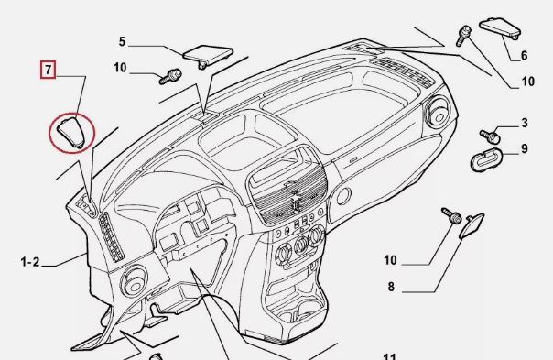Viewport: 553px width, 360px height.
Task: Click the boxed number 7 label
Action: (x=48, y=70)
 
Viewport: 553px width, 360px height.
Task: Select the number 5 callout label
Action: (x=122, y=41)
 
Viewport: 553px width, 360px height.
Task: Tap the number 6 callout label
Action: (x=524, y=55)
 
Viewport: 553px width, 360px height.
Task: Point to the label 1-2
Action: (x=30, y=262)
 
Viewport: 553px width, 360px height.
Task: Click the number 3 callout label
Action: (x=525, y=123)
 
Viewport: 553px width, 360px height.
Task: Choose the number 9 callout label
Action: (x=525, y=148)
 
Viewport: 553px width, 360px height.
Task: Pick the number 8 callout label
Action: (x=391, y=287)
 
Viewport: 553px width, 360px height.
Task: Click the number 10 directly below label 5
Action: (x=120, y=68)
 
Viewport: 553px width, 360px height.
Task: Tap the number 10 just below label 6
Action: (x=527, y=82)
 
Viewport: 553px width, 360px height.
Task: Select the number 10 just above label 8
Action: (x=390, y=260)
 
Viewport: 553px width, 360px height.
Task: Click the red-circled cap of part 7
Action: (x=72, y=132)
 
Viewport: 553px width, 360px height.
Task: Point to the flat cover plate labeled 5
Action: (x=208, y=55)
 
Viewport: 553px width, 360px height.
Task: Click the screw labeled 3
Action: (x=490, y=136)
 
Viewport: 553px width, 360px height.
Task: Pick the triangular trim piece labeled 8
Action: (x=472, y=225)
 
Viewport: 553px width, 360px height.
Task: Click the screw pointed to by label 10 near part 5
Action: (x=170, y=77)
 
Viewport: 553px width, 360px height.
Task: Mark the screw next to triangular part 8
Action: (x=451, y=215)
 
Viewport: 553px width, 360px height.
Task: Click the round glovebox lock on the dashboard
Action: (x=343, y=196)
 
